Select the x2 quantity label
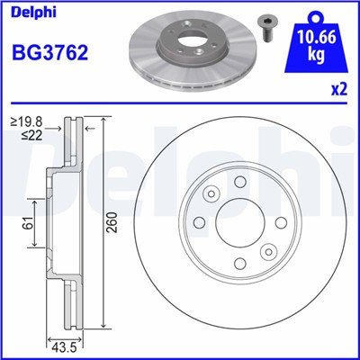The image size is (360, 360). click(339, 90)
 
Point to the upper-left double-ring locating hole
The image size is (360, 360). click(212, 194)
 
